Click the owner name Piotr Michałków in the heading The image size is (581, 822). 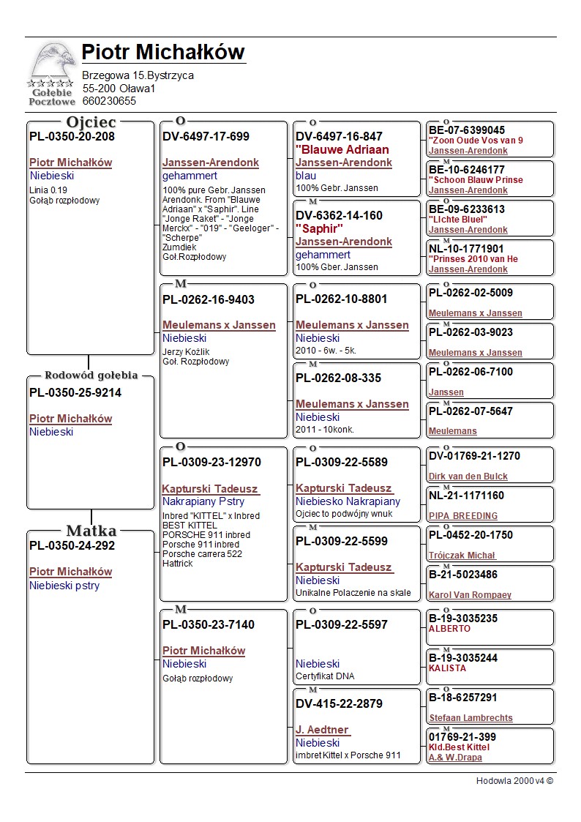(162, 53)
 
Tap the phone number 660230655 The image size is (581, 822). (109, 101)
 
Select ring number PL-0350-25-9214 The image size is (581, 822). (75, 393)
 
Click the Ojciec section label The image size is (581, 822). (91, 122)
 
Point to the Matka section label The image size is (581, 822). (91, 531)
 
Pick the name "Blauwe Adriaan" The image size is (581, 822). (342, 149)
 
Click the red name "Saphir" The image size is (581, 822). (319, 228)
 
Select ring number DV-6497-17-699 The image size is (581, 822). (206, 136)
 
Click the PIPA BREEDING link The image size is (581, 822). (462, 516)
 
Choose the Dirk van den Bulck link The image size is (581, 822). (468, 477)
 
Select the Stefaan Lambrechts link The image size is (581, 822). (471, 718)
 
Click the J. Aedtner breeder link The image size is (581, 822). (322, 730)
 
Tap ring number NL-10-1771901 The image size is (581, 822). (466, 249)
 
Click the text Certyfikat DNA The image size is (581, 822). (325, 676)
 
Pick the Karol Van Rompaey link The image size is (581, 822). (470, 595)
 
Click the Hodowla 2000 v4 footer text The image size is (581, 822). (514, 781)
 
